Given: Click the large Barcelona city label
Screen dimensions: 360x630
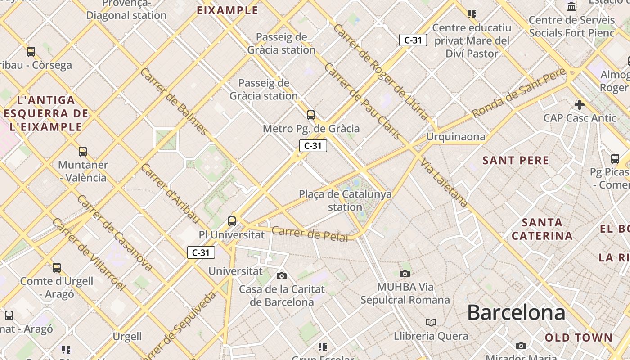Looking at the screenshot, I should tap(516, 312).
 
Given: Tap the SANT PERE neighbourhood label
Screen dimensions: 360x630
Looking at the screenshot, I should tap(516, 161).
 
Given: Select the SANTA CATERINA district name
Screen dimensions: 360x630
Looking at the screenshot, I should tap(542, 229).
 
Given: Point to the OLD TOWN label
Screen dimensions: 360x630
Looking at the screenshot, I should tap(579, 337).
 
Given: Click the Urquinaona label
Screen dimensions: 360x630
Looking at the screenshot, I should tap(456, 137).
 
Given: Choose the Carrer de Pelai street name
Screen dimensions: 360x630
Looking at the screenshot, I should tap(310, 234).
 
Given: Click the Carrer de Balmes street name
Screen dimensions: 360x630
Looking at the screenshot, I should tap(175, 102).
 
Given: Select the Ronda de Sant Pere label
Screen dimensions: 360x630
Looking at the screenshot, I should tap(518, 93).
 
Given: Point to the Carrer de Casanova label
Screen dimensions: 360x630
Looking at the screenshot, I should tap(114, 233).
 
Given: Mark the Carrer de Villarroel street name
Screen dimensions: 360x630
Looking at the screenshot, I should tap(88, 254).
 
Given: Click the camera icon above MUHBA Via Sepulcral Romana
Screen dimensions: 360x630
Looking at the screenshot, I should tap(405, 274).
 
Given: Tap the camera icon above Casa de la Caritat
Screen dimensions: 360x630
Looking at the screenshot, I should tap(282, 276).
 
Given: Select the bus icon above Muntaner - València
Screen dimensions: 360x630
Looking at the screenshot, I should tap(82, 152).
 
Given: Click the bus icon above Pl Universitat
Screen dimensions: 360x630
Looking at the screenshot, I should tap(232, 221).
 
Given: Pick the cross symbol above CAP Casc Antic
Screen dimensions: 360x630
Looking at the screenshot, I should tap(580, 105).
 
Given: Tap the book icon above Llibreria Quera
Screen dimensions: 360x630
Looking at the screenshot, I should tap(431, 322).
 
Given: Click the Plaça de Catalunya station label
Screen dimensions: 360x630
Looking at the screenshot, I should tap(345, 201).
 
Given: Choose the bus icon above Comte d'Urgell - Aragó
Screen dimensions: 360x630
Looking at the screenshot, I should tap(57, 268).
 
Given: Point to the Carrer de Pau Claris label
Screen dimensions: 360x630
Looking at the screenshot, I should tap(362, 101).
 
